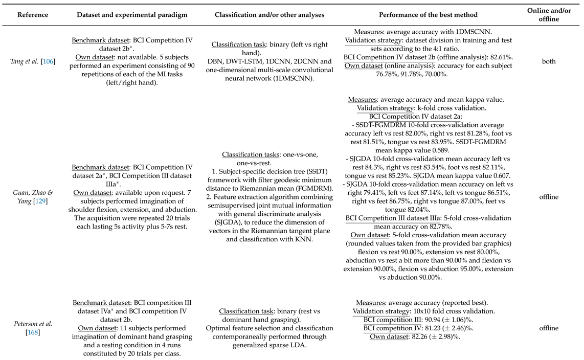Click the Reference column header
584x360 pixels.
(33, 14)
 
